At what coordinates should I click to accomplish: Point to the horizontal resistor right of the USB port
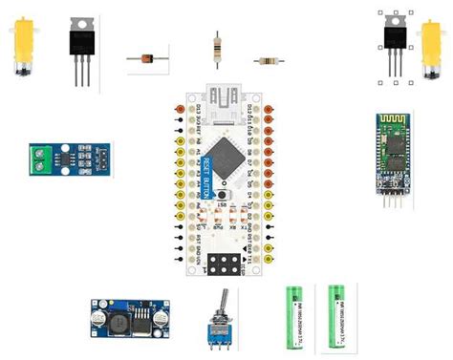269,60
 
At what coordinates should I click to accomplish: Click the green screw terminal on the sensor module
42,158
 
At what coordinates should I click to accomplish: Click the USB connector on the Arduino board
227,97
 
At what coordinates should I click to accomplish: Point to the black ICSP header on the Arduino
225,264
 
